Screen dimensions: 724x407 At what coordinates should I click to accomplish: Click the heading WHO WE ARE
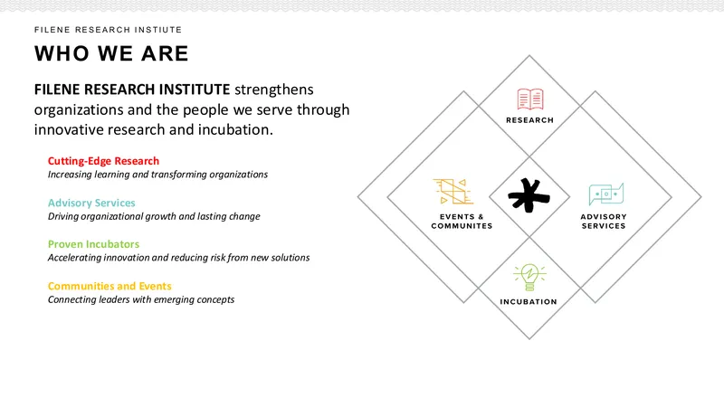coord(111,53)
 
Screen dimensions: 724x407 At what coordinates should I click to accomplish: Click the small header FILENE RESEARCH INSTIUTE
coord(108,30)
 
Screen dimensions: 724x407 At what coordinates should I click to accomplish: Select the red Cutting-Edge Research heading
coord(103,161)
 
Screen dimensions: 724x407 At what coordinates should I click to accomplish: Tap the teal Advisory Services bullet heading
coord(91,203)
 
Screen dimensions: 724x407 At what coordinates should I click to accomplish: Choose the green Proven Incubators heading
coord(93,244)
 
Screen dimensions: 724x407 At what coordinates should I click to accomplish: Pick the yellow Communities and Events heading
coord(110,286)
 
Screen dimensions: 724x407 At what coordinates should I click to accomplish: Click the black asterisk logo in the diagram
coord(529,195)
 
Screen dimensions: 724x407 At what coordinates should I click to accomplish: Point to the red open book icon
coord(529,99)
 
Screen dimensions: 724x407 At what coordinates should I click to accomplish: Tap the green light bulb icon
coord(529,277)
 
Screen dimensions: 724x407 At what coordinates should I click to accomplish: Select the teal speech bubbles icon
coord(605,194)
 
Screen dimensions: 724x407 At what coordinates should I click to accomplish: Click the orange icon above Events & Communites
coord(453,191)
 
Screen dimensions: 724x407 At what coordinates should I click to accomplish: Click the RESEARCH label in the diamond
coord(529,120)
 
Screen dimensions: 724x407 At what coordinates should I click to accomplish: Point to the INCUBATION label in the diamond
coord(529,302)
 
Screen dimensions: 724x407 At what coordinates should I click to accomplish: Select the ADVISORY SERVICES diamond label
coord(604,221)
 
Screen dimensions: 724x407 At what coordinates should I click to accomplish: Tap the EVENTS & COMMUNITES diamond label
coord(462,221)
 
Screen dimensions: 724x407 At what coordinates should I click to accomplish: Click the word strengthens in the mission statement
coord(274,90)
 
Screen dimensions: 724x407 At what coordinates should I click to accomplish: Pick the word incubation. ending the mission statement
coord(235,129)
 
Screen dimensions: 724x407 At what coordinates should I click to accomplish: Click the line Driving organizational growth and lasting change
coord(154,216)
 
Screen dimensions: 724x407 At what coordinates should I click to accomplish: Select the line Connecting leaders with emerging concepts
coord(141,299)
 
